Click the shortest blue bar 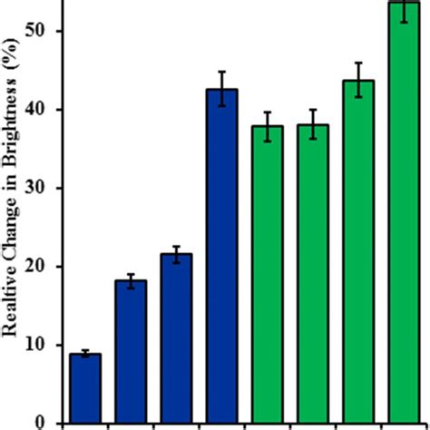[x=85, y=388]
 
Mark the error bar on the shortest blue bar [x=85, y=354]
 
